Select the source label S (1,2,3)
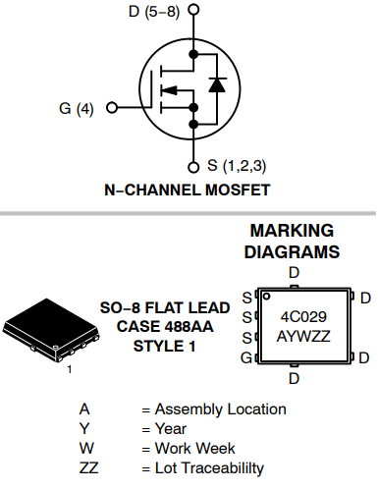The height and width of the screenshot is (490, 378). (x=239, y=164)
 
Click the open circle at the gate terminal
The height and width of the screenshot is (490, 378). (x=111, y=108)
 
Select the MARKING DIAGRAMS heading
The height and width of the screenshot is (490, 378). (x=294, y=241)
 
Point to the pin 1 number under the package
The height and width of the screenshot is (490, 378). (x=69, y=370)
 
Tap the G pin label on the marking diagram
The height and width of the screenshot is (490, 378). (x=246, y=357)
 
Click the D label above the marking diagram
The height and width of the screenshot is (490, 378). (x=294, y=272)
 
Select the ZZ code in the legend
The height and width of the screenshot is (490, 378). (x=88, y=467)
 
